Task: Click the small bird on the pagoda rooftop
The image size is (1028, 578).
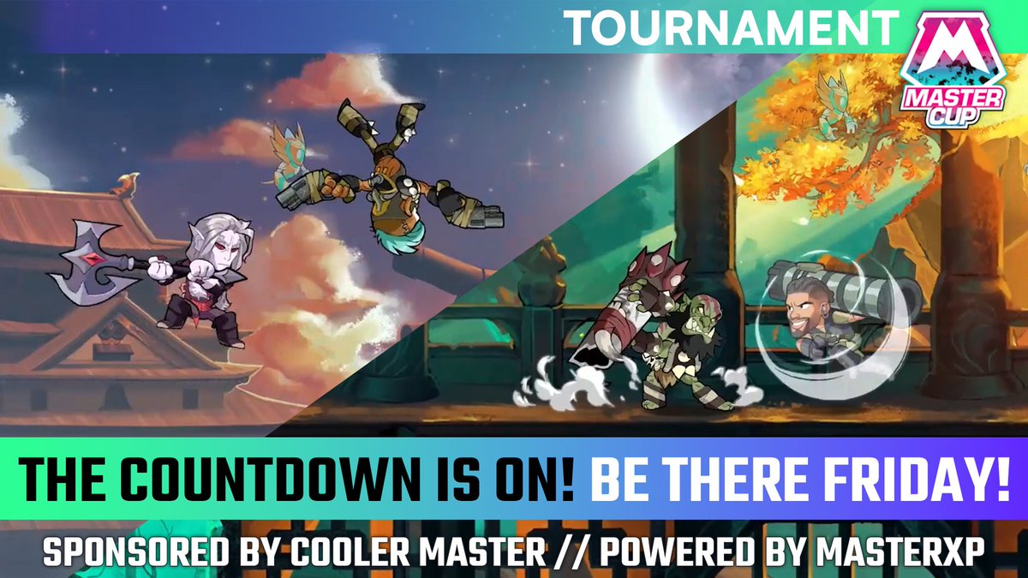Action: pyautogui.click(x=131, y=182)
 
